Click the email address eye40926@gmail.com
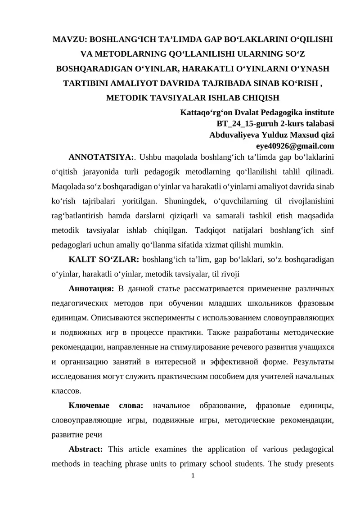[295, 146]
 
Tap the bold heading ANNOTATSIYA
[101, 157]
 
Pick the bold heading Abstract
[85, 450]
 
